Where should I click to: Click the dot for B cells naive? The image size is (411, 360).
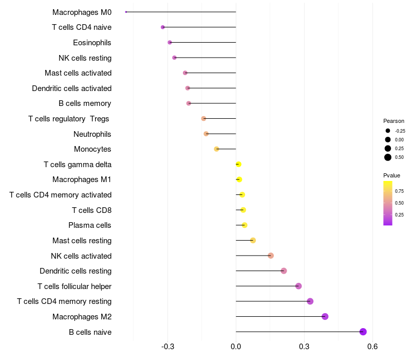(363, 332)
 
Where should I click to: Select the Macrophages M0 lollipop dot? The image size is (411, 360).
(126, 12)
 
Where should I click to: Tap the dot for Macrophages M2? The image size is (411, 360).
(325, 316)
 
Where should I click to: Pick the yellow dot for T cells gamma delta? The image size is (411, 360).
(238, 164)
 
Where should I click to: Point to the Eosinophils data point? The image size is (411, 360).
(170, 42)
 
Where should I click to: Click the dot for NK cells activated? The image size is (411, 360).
(271, 256)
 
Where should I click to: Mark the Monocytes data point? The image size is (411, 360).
(216, 149)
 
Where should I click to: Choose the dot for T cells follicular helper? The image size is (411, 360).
(298, 286)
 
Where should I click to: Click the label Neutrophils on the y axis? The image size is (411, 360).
(92, 134)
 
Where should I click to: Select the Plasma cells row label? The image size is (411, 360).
(90, 225)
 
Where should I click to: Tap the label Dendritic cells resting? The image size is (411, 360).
(76, 271)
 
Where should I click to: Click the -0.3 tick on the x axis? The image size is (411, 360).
(167, 347)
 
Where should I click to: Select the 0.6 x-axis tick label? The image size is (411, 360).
(372, 347)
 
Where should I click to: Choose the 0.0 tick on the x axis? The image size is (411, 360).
(236, 347)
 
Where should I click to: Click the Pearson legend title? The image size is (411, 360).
(394, 121)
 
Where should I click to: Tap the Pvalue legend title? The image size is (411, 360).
(392, 175)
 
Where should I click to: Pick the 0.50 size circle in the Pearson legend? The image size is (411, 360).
(388, 157)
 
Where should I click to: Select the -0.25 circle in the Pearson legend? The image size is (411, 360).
(388, 131)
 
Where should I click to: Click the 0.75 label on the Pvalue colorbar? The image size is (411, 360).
(399, 191)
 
